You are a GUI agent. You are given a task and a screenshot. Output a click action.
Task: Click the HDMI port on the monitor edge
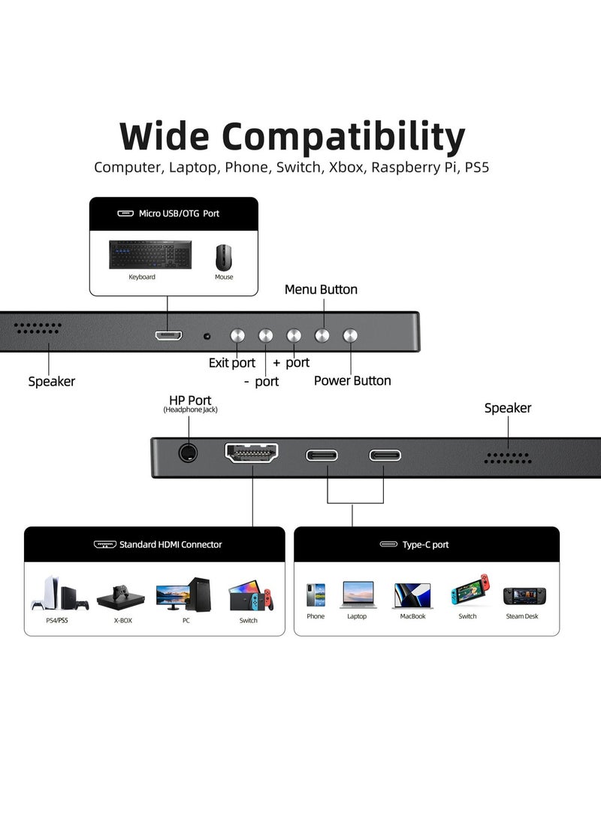252,453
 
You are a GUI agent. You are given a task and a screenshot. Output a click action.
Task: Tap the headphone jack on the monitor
188,453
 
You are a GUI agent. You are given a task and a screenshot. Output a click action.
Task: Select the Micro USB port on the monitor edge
169,335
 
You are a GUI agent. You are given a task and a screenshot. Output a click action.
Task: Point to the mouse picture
224,257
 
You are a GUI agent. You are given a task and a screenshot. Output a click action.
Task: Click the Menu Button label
321,289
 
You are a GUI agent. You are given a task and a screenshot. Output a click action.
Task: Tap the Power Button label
352,380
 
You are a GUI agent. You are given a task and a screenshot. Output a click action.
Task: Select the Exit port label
232,363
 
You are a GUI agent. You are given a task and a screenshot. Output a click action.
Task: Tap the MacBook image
412,595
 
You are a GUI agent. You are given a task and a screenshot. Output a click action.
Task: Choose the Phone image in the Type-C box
316,595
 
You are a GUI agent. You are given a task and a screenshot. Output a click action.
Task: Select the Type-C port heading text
425,544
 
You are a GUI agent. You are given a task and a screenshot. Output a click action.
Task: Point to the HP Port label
190,401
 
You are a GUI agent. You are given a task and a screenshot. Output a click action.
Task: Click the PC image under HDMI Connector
185,595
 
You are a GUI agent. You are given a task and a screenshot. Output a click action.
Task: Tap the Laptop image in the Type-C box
357,595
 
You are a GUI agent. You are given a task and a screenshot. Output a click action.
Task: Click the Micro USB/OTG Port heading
179,213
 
